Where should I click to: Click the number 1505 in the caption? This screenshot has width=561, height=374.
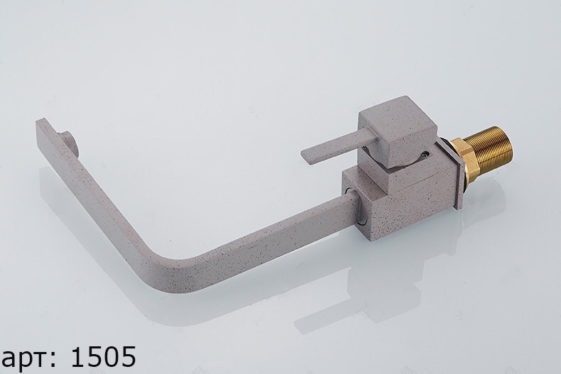(104, 356)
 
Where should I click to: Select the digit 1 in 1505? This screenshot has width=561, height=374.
(79, 356)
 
